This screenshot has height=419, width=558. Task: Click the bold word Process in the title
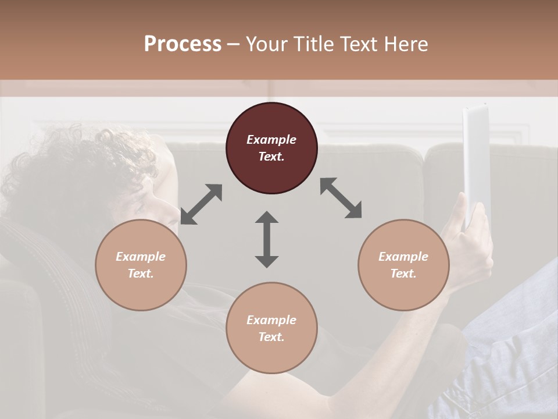tap(183, 44)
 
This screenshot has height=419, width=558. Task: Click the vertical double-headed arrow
tap(267, 239)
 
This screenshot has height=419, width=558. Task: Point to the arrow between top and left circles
tap(201, 204)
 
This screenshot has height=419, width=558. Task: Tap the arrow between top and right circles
tap(341, 198)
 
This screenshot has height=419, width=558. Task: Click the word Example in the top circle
tap(271, 140)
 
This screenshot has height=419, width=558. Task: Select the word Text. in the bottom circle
tap(271, 337)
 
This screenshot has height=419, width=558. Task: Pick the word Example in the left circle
tap(141, 257)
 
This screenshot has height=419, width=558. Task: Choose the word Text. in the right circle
tap(403, 274)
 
